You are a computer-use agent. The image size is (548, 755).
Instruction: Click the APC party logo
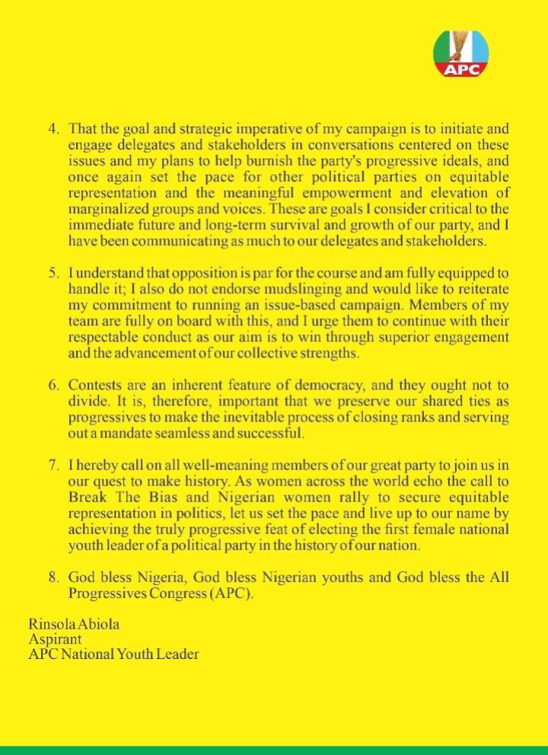click(462, 53)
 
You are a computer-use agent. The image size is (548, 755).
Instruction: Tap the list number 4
click(53, 130)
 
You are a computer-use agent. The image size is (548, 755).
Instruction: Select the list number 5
click(53, 271)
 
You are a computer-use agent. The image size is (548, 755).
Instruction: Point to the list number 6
click(53, 384)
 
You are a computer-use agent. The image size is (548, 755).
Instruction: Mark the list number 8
click(53, 577)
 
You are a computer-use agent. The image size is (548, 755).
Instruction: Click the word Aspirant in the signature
click(53, 639)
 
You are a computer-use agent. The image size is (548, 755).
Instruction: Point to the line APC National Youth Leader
click(114, 654)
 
